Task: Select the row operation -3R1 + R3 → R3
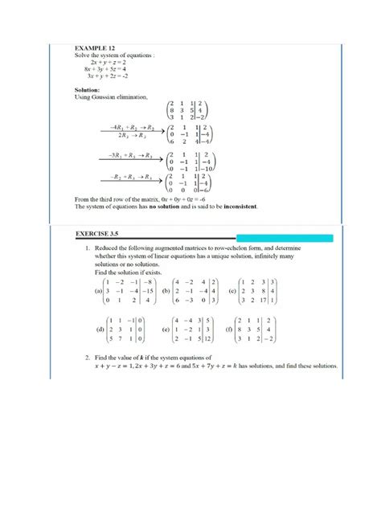(128, 155)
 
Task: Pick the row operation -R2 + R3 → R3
(129, 176)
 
